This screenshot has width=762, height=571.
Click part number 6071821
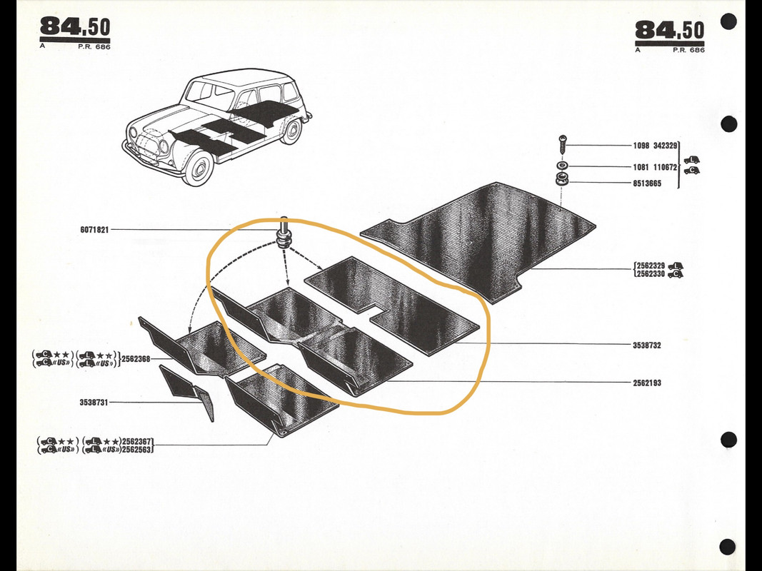pyautogui.click(x=94, y=230)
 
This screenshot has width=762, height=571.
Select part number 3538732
pyautogui.click(x=646, y=345)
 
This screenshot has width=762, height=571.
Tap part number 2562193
pyautogui.click(x=647, y=383)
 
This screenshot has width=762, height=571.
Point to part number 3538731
pyautogui.click(x=94, y=402)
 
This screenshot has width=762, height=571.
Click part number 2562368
pyautogui.click(x=136, y=359)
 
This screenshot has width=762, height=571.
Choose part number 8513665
pyautogui.click(x=647, y=183)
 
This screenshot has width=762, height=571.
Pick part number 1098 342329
pyautogui.click(x=655, y=146)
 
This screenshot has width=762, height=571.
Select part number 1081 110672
pyautogui.click(x=655, y=167)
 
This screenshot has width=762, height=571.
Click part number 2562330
pyautogui.click(x=651, y=274)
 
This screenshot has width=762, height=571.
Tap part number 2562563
pyautogui.click(x=137, y=449)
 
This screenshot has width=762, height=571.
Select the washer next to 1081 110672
pyautogui.click(x=562, y=166)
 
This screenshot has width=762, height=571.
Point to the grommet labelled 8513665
pyautogui.click(x=562, y=179)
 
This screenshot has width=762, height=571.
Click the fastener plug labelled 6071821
pyautogui.click(x=284, y=233)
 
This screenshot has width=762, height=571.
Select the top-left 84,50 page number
pyautogui.click(x=75, y=27)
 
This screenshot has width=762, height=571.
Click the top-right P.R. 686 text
pyautogui.click(x=688, y=49)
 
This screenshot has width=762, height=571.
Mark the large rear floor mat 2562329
pyautogui.click(x=478, y=241)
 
